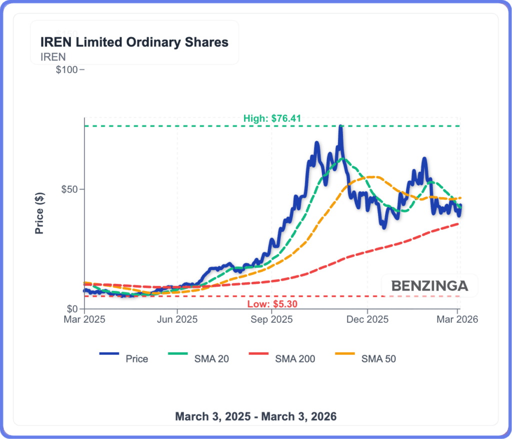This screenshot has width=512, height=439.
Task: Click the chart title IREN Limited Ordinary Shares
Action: click(134, 43)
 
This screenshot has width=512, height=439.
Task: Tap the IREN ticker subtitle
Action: click(52, 57)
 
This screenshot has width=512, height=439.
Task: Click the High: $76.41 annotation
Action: click(272, 119)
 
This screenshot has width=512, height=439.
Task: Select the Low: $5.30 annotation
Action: click(271, 304)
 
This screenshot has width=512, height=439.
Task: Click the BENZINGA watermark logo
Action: click(429, 286)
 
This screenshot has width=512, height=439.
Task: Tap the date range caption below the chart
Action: click(255, 416)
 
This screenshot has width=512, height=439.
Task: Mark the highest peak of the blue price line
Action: click(340, 126)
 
